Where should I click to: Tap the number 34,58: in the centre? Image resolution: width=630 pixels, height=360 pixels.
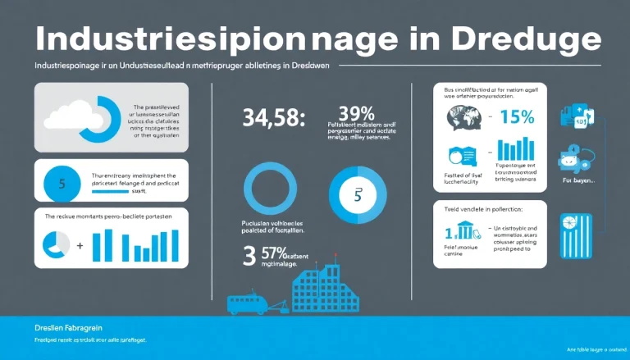[274, 118]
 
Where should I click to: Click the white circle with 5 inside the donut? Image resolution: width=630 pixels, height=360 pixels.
[357, 196]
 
